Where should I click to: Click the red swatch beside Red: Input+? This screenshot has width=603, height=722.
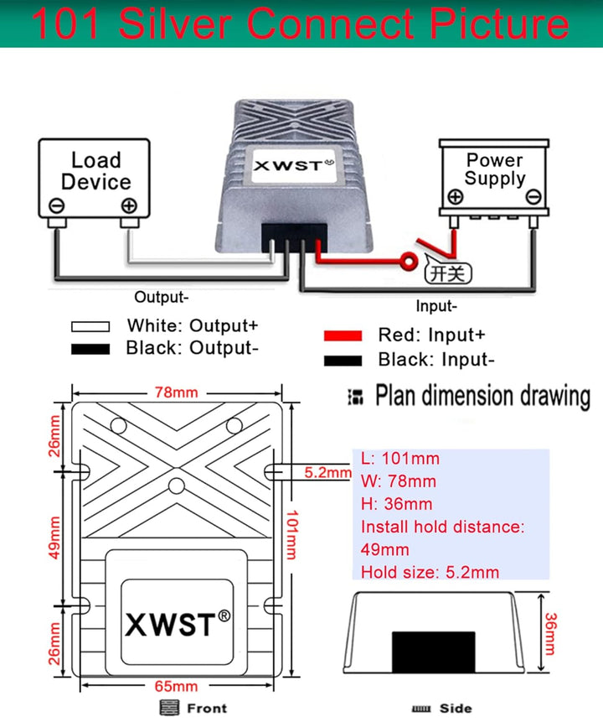pyautogui.click(x=343, y=335)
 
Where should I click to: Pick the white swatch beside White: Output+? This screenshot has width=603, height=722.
pyautogui.click(x=90, y=326)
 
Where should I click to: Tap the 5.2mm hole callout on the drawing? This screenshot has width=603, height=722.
pyautogui.click(x=328, y=473)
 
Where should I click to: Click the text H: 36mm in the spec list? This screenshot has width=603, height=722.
pyautogui.click(x=396, y=504)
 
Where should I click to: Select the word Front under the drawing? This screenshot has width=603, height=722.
pyautogui.click(x=206, y=709)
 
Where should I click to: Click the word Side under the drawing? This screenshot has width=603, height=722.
pyautogui.click(x=455, y=709)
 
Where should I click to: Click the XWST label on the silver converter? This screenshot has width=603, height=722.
pyautogui.click(x=287, y=165)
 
